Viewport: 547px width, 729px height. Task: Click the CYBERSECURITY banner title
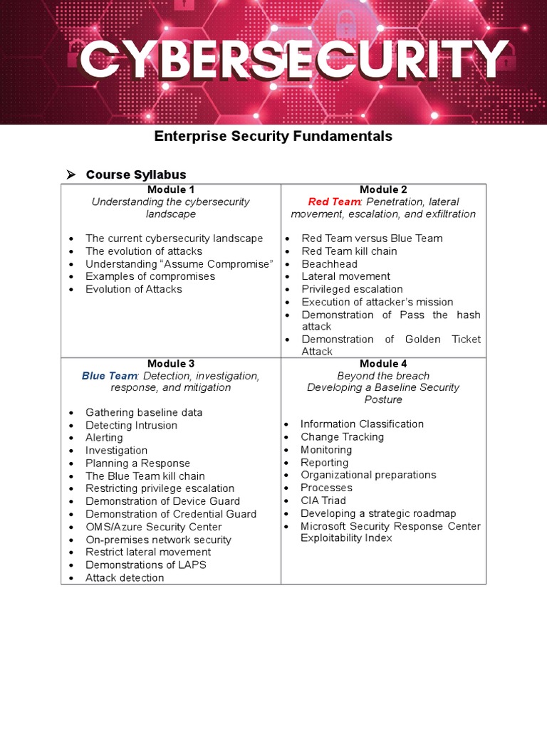click(294, 61)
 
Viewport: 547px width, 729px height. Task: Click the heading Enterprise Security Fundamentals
click(273, 136)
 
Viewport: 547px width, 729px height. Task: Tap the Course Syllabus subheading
click(136, 174)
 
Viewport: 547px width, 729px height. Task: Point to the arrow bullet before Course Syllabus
click(71, 174)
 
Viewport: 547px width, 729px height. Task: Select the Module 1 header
click(171, 189)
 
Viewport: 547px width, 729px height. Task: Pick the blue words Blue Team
click(109, 375)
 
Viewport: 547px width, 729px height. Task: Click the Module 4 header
click(383, 364)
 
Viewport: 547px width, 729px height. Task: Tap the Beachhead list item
click(329, 264)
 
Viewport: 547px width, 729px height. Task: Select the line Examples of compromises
click(150, 276)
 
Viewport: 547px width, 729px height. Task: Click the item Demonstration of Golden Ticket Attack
click(390, 345)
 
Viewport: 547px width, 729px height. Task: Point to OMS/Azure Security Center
click(153, 527)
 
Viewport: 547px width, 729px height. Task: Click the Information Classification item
click(362, 424)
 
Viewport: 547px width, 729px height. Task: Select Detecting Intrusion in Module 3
click(131, 425)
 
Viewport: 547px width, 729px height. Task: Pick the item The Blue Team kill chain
click(145, 476)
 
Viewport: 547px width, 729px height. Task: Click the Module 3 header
click(171, 364)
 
